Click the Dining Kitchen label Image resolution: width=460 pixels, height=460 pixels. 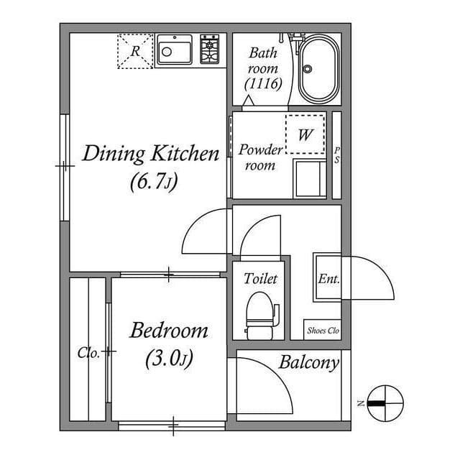(x=150, y=154)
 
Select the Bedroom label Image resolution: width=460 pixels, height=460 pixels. (x=169, y=331)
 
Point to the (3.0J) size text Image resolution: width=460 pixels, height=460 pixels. (x=170, y=357)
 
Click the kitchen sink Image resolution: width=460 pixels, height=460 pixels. (x=174, y=51)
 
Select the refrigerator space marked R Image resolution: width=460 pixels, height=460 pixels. (x=136, y=51)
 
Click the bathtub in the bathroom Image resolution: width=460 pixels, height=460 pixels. (x=320, y=70)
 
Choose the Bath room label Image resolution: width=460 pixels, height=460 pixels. (x=263, y=68)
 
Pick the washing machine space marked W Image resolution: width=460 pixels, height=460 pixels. (x=305, y=134)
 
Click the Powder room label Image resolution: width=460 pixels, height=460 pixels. (x=260, y=157)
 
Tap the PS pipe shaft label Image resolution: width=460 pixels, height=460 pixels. (x=336, y=155)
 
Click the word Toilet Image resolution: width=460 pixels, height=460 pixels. (x=260, y=278)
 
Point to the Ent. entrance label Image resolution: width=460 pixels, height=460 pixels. (x=328, y=279)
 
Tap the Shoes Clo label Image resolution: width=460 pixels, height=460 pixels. (x=323, y=331)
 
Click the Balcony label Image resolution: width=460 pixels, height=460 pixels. (x=308, y=362)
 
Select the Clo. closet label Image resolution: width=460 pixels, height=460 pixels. (x=88, y=353)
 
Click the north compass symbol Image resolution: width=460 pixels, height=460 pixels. (x=385, y=402)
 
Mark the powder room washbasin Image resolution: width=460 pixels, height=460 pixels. (x=310, y=178)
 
